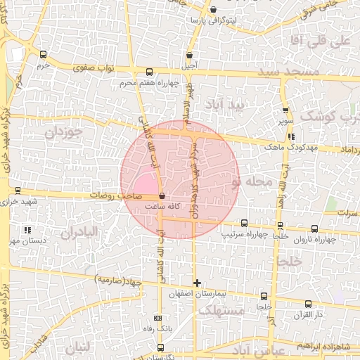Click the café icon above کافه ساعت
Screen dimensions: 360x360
162,196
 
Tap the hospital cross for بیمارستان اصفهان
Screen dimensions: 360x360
197,283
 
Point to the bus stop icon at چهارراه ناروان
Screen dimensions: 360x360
314,228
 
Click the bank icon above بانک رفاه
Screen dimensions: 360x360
162,318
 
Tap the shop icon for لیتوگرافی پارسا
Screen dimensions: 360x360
213,10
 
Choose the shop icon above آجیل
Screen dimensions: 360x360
189,56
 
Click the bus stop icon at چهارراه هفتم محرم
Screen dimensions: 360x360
148,72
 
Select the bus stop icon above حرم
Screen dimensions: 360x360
44,54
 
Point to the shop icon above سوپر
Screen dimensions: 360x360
285,110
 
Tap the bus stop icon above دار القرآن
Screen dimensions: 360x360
308,304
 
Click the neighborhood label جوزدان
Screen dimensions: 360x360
64,131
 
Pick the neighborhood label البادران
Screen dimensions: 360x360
84,233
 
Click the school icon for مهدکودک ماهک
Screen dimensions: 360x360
291,137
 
